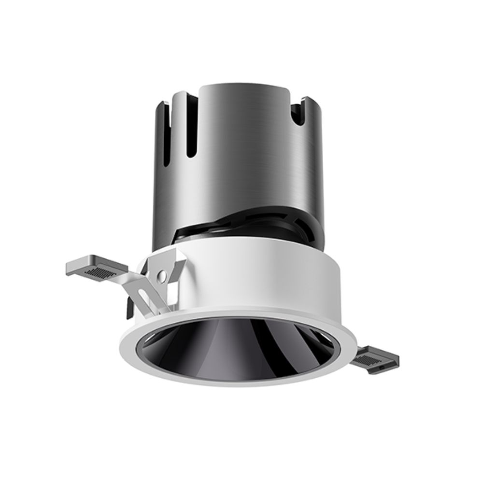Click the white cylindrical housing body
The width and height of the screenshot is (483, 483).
[270, 280]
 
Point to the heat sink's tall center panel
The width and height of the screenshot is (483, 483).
[241, 155]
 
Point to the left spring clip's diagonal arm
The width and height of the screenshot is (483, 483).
[140, 290]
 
